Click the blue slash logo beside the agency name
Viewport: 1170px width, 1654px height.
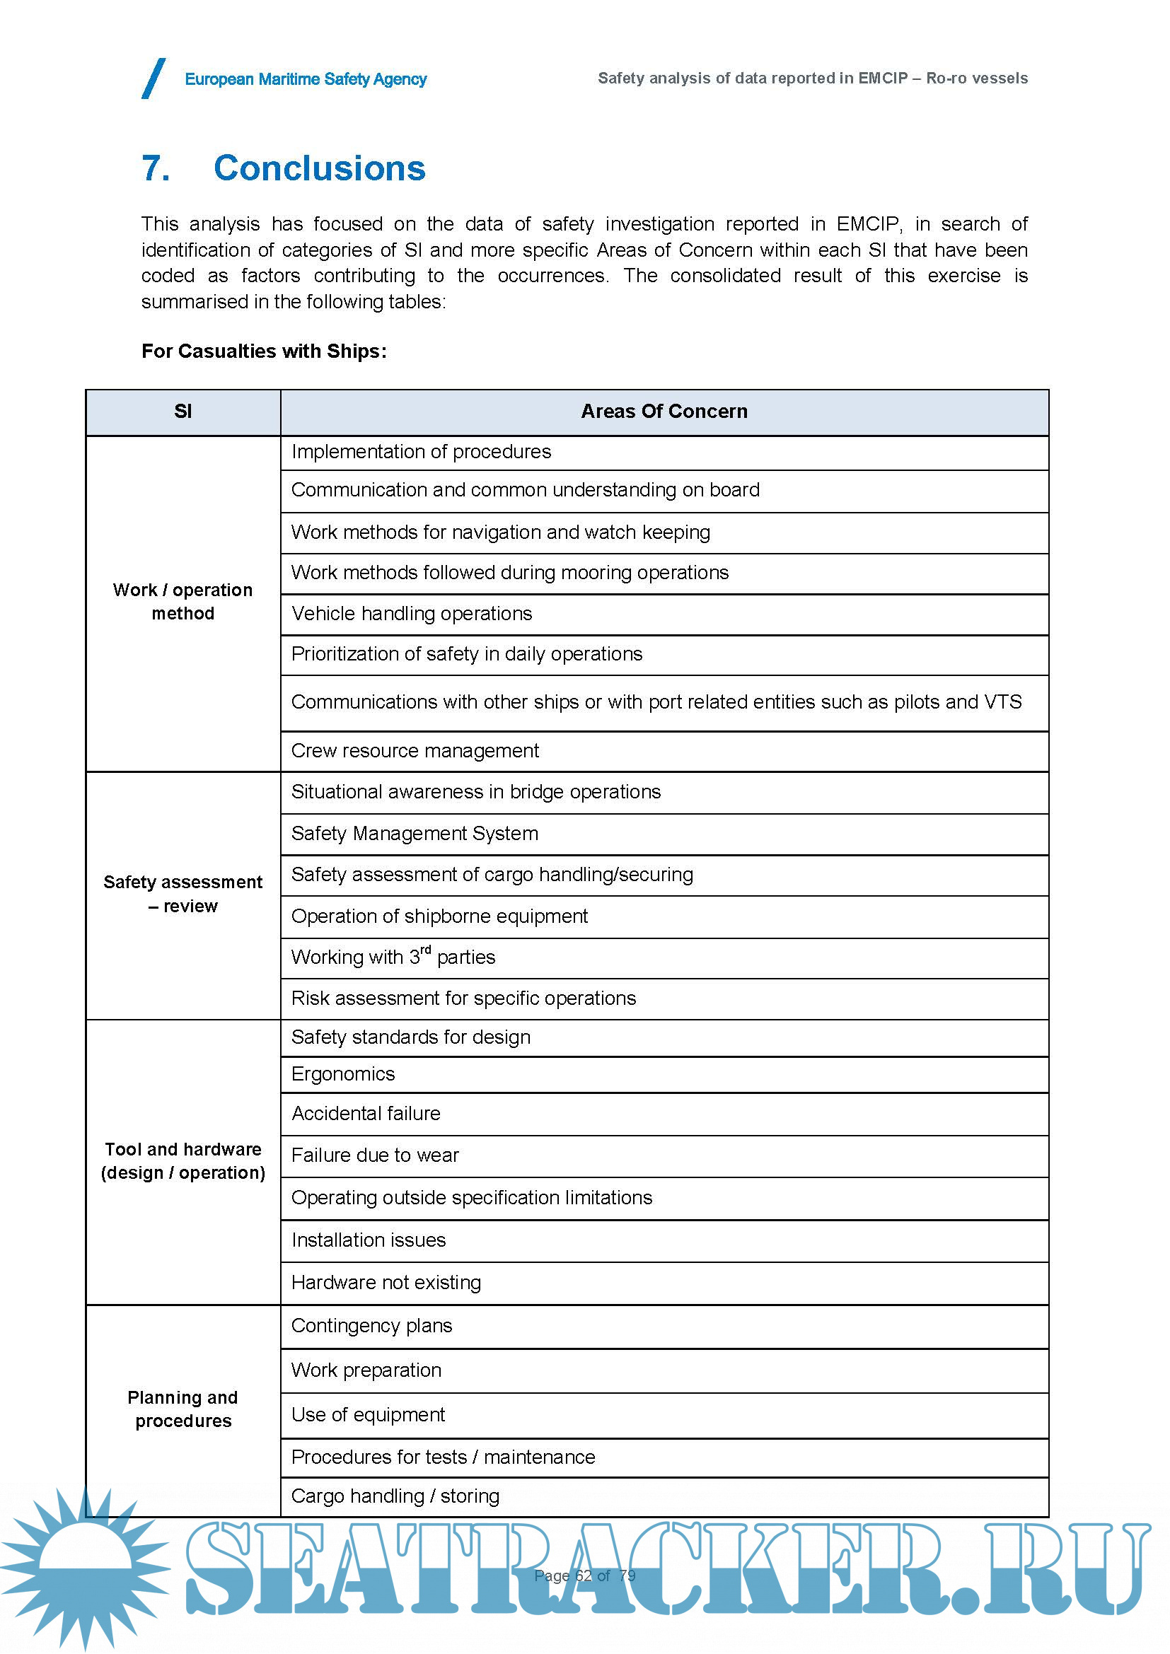tap(154, 78)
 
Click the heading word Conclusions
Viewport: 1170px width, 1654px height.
tap(319, 168)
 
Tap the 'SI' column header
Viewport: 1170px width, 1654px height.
tap(183, 412)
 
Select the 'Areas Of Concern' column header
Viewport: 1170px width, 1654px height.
tap(664, 412)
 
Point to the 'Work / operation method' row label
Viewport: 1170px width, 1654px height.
tap(183, 602)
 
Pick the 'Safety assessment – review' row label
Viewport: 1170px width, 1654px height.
tap(183, 894)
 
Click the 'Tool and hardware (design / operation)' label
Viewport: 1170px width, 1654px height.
tap(183, 1160)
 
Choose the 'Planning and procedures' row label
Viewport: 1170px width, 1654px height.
tap(183, 1409)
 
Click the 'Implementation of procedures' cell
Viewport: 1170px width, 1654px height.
tap(421, 452)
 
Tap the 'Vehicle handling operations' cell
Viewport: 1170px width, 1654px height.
tap(412, 614)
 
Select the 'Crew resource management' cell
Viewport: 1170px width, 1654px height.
tap(415, 751)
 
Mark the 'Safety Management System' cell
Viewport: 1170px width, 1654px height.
tap(415, 834)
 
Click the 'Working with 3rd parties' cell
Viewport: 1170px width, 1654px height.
tap(393, 957)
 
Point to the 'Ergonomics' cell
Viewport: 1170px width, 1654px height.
tap(343, 1074)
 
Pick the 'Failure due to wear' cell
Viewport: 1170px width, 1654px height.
tap(375, 1155)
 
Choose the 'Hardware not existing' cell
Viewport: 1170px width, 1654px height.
tap(386, 1283)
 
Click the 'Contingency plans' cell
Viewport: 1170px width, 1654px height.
tap(372, 1326)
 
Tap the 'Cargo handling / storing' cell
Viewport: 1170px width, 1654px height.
tap(395, 1496)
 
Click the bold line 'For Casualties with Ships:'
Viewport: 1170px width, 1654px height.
tap(264, 351)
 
